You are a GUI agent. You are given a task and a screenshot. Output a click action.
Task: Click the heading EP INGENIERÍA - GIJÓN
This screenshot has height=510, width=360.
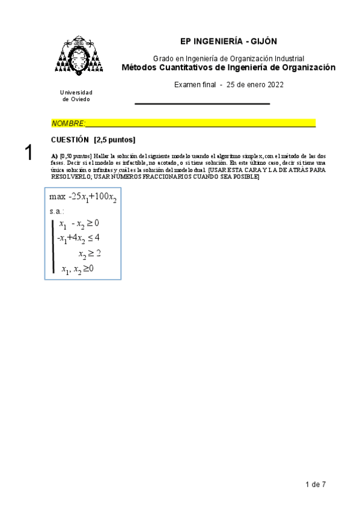click(228, 41)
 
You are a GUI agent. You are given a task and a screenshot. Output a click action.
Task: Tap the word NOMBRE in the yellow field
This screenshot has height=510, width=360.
click(67, 123)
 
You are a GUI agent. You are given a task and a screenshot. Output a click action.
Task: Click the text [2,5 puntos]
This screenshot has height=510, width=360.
click(114, 140)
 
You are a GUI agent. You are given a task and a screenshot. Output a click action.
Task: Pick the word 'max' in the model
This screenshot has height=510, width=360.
click(58, 197)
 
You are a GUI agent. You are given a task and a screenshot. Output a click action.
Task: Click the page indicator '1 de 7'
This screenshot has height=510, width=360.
click(316, 484)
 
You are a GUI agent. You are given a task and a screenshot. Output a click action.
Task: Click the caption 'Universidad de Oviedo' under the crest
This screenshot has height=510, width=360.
click(77, 96)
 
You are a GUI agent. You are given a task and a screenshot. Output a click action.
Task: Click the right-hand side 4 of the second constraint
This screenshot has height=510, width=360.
click(97, 238)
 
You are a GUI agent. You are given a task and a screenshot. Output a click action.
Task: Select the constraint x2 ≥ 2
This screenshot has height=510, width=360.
click(89, 253)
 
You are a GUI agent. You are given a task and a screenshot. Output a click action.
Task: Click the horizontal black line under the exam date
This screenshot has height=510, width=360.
click(202, 104)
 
